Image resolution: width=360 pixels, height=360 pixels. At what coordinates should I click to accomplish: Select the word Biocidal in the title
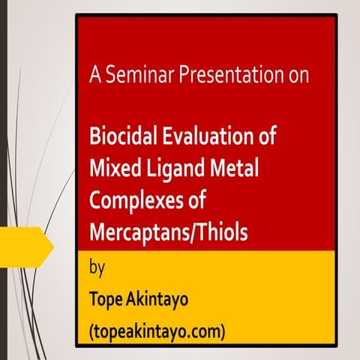123,138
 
